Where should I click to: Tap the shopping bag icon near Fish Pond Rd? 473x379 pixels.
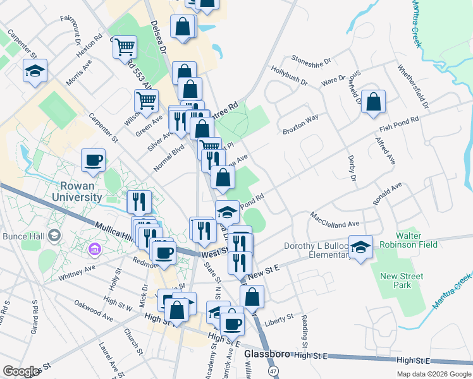(x=374, y=102)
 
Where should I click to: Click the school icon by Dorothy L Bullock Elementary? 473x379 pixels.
(x=361, y=246)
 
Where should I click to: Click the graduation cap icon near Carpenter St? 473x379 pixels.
(x=35, y=71)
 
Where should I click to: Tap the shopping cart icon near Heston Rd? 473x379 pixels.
(x=126, y=46)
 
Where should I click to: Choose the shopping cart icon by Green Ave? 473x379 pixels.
(x=147, y=100)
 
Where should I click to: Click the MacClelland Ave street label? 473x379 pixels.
(x=335, y=219)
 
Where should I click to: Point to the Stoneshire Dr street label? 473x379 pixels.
(x=311, y=60)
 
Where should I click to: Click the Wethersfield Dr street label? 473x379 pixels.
(x=413, y=86)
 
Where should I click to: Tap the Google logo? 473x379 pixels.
(x=21, y=371)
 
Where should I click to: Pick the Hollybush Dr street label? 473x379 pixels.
(x=289, y=75)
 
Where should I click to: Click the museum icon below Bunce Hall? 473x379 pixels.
(x=95, y=251)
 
